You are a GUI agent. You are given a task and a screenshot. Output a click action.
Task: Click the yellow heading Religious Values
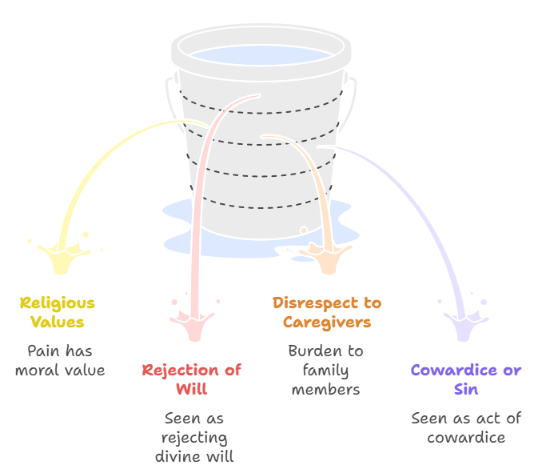tap(57, 313)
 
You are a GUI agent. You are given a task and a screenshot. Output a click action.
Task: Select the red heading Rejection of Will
tap(191, 379)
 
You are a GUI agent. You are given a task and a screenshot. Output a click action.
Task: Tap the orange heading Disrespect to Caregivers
tap(326, 313)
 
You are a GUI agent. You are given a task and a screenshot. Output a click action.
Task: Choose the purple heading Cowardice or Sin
tap(465, 379)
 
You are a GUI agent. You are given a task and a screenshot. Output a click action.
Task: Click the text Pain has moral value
tap(60, 360)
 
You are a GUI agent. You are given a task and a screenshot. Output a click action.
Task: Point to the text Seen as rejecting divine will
tap(194, 438)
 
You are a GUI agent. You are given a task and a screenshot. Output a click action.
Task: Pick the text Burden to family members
tap(325, 370)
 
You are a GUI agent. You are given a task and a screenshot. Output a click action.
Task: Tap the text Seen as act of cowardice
tap(465, 427)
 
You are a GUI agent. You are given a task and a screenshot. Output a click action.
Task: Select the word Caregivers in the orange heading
tap(326, 323)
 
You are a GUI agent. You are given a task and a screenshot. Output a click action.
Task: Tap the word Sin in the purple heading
tap(465, 390)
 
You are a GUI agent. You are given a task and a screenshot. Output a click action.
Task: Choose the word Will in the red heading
tap(191, 390)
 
